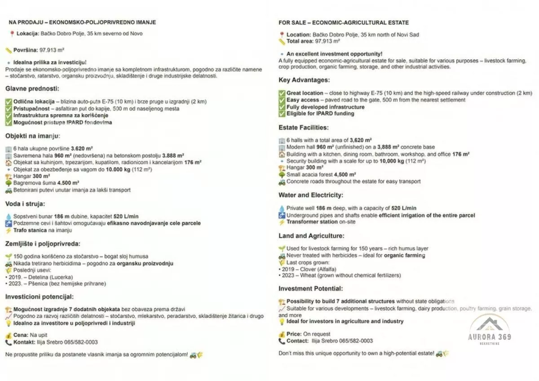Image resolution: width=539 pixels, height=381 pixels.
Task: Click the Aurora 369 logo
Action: coord(490,330)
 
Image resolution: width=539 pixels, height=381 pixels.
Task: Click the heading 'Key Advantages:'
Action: coord(304,80)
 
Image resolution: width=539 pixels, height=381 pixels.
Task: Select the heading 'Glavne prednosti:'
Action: coord(32,89)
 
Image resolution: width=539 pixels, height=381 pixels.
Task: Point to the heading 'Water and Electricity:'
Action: coord(311,195)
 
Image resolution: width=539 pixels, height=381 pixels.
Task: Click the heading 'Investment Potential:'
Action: coord(310,288)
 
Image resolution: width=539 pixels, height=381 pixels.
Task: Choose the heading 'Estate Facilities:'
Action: coord(304,128)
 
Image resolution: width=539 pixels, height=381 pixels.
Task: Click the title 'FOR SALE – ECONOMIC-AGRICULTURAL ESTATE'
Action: coord(344,22)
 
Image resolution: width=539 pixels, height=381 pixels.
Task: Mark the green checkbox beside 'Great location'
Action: coord(282,93)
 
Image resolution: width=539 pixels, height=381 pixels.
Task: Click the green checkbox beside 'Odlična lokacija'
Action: coord(9,102)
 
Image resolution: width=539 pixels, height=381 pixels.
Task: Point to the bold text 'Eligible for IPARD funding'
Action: coord(320,114)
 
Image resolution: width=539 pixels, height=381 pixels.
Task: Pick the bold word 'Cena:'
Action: coord(21,335)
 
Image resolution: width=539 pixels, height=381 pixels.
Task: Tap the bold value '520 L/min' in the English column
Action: coord(404,208)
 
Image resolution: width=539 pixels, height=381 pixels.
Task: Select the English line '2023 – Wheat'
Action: coord(298,275)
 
